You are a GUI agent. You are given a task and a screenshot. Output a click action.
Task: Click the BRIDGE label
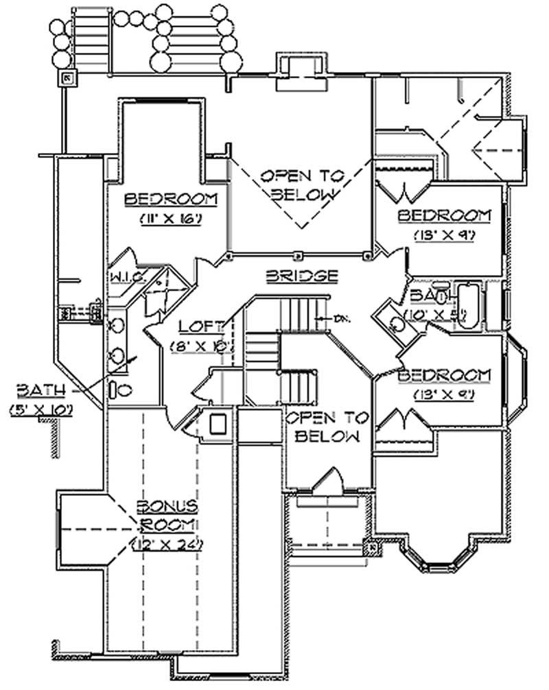[x=301, y=276]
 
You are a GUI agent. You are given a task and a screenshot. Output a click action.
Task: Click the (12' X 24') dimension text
[x=168, y=547]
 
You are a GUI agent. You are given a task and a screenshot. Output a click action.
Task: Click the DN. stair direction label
[x=339, y=318]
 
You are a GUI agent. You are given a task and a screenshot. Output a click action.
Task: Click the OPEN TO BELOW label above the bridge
[x=303, y=184]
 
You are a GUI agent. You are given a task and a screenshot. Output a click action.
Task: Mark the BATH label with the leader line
[x=42, y=391]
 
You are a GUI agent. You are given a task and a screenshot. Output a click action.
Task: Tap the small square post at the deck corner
[x=68, y=78]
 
